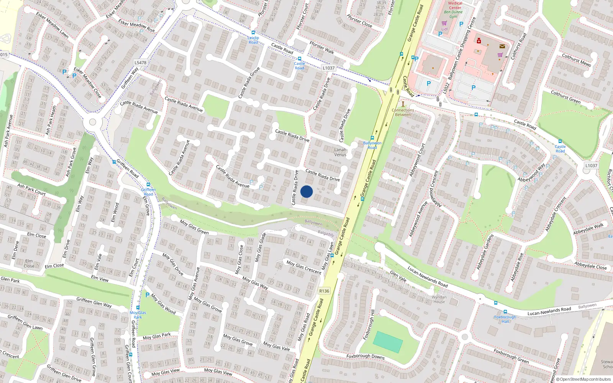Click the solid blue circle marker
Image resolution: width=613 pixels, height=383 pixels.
click(306, 191)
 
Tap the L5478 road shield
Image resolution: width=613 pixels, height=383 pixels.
click(141, 62)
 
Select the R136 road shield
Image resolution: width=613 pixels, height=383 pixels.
click(324, 291)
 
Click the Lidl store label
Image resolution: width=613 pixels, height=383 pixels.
click(444, 29)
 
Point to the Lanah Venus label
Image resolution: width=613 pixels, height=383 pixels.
click(340, 152)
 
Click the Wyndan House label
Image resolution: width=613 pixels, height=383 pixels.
click(439, 299)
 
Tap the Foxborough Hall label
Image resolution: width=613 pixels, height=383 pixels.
click(505, 319)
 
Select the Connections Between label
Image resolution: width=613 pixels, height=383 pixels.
click(403, 112)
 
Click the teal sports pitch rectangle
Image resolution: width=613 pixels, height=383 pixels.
click(388, 342)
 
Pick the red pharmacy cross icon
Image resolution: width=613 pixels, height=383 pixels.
click(479, 41)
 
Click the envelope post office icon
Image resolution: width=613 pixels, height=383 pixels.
click(502, 46)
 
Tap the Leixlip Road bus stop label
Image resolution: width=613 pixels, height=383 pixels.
click(253, 40)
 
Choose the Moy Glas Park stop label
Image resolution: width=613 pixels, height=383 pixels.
click(138, 315)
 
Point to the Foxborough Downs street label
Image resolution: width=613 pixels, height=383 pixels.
click(366, 356)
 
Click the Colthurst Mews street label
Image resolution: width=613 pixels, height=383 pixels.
click(576, 60)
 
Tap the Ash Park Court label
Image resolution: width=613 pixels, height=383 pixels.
click(31, 189)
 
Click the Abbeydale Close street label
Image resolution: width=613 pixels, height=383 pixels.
click(590, 265)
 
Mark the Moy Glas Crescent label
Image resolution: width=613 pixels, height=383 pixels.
click(304, 267)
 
